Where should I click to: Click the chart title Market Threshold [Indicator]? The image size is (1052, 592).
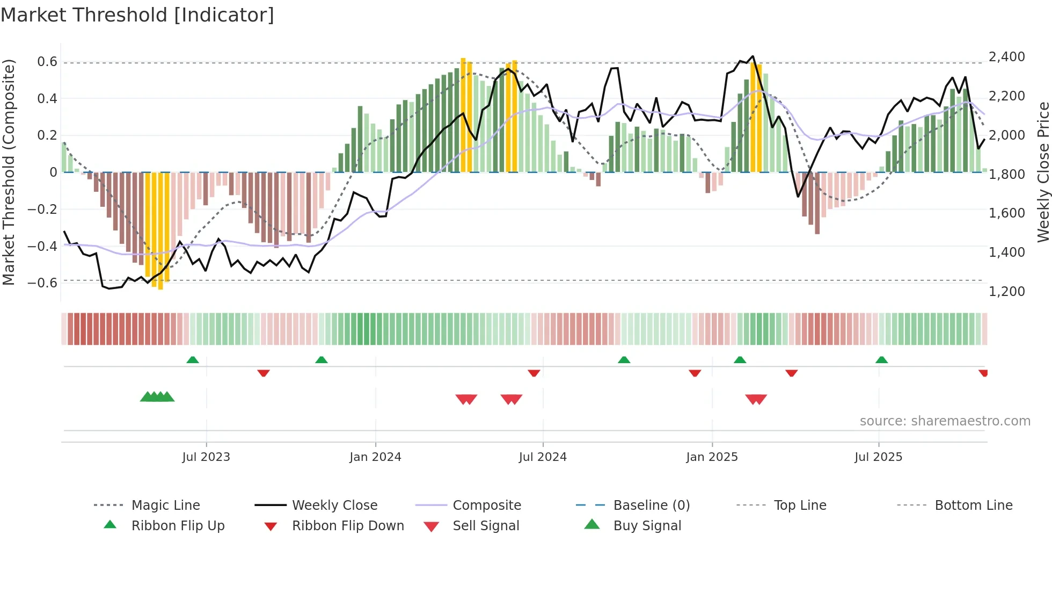pyautogui.click(x=137, y=15)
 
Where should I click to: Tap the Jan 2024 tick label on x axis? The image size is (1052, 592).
pyautogui.click(x=375, y=457)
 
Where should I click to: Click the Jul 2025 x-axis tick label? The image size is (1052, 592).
pyautogui.click(x=878, y=457)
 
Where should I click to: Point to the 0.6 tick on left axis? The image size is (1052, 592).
pyautogui.click(x=47, y=62)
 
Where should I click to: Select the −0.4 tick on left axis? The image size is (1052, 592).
pyautogui.click(x=42, y=246)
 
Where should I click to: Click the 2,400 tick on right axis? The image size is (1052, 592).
pyautogui.click(x=1006, y=57)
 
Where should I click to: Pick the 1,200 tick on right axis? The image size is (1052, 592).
pyautogui.click(x=1006, y=292)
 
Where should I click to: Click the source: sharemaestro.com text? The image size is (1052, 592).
pyautogui.click(x=945, y=421)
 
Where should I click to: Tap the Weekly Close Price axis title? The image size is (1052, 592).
pyautogui.click(x=1043, y=172)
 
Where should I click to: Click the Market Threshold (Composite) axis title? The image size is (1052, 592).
pyautogui.click(x=9, y=172)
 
